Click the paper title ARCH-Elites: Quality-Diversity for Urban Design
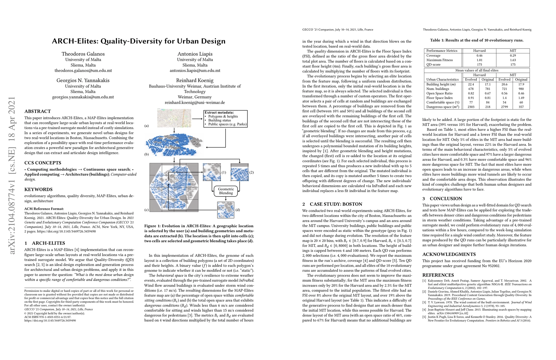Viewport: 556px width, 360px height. click(139, 41)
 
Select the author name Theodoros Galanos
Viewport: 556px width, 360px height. click(83, 54)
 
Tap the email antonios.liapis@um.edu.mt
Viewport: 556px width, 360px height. click(195, 70)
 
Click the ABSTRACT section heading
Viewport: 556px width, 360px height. click(37, 111)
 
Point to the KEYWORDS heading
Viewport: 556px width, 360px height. click(38, 190)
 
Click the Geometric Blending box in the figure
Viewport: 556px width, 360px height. click(226, 191)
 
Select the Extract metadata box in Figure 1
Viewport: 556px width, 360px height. click(226, 118)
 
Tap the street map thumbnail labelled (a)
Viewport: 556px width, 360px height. click(174, 118)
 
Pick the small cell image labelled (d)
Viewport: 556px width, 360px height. click(226, 210)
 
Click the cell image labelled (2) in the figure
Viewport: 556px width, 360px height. click(240, 172)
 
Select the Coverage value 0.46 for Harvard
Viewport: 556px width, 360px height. click(479, 55)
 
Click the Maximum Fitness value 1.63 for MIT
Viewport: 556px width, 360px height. click(513, 60)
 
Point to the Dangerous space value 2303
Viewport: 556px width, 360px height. click(471, 107)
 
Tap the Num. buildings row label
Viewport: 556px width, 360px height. click(438, 89)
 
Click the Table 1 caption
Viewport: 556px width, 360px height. click(477, 40)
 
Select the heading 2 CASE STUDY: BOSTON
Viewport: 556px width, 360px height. click(332, 204)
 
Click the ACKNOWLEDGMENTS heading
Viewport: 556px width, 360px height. click(445, 254)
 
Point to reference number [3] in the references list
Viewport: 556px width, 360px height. click(424, 302)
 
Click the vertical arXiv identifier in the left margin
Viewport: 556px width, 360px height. click(12, 175)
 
